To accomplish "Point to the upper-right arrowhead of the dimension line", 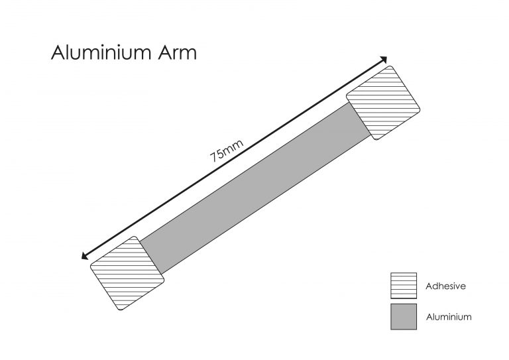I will (x=385, y=60).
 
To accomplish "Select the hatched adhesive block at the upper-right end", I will (x=384, y=102).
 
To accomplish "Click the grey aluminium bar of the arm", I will (x=256, y=188).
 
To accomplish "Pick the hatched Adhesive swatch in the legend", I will (x=403, y=286).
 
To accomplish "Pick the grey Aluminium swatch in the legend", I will (x=403, y=317).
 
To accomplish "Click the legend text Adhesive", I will (x=446, y=286).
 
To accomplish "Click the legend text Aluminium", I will (x=449, y=317).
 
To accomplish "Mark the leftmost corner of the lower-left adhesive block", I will (x=90, y=267).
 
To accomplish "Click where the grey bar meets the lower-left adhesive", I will (x=152, y=255).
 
